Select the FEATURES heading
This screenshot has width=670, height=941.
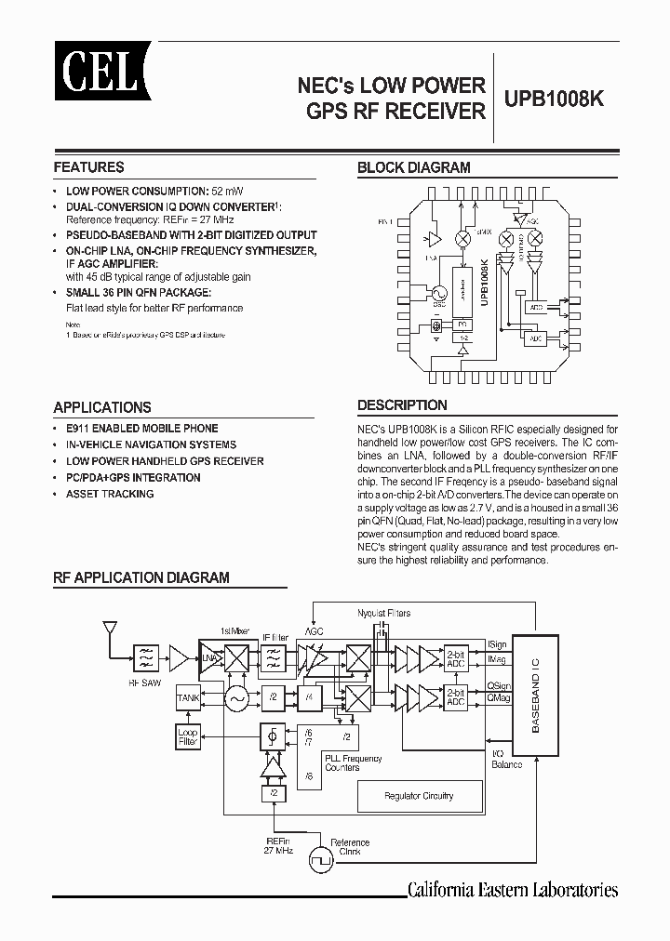(88, 167)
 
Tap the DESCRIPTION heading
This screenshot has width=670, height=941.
(402, 405)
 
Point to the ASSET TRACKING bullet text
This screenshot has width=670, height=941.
(110, 494)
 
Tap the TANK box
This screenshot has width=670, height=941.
(187, 697)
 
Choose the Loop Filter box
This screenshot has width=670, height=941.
(187, 737)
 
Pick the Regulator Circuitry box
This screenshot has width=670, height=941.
(420, 796)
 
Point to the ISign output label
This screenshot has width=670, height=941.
(497, 643)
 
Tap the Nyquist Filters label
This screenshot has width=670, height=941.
(383, 614)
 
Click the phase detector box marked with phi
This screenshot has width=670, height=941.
(273, 737)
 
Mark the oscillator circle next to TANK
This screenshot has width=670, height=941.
(235, 697)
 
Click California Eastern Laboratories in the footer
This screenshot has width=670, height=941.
(513, 890)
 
